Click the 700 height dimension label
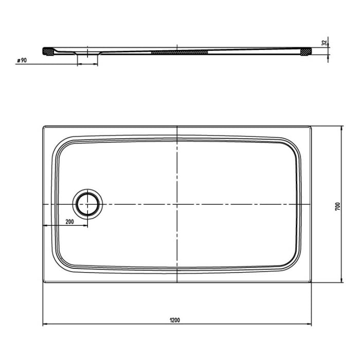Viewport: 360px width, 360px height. click(337, 206)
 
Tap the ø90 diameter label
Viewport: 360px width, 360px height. click(22, 60)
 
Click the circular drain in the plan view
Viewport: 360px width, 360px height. click(88, 204)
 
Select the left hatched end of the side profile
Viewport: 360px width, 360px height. click(47, 50)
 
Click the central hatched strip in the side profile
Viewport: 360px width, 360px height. click(179, 51)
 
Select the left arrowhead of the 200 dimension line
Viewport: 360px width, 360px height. click(44, 226)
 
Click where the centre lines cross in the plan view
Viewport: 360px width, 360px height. click(177, 204)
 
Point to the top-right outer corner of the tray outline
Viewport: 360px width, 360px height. click(311, 125)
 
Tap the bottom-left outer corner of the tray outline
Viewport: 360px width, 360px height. click(43, 282)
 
